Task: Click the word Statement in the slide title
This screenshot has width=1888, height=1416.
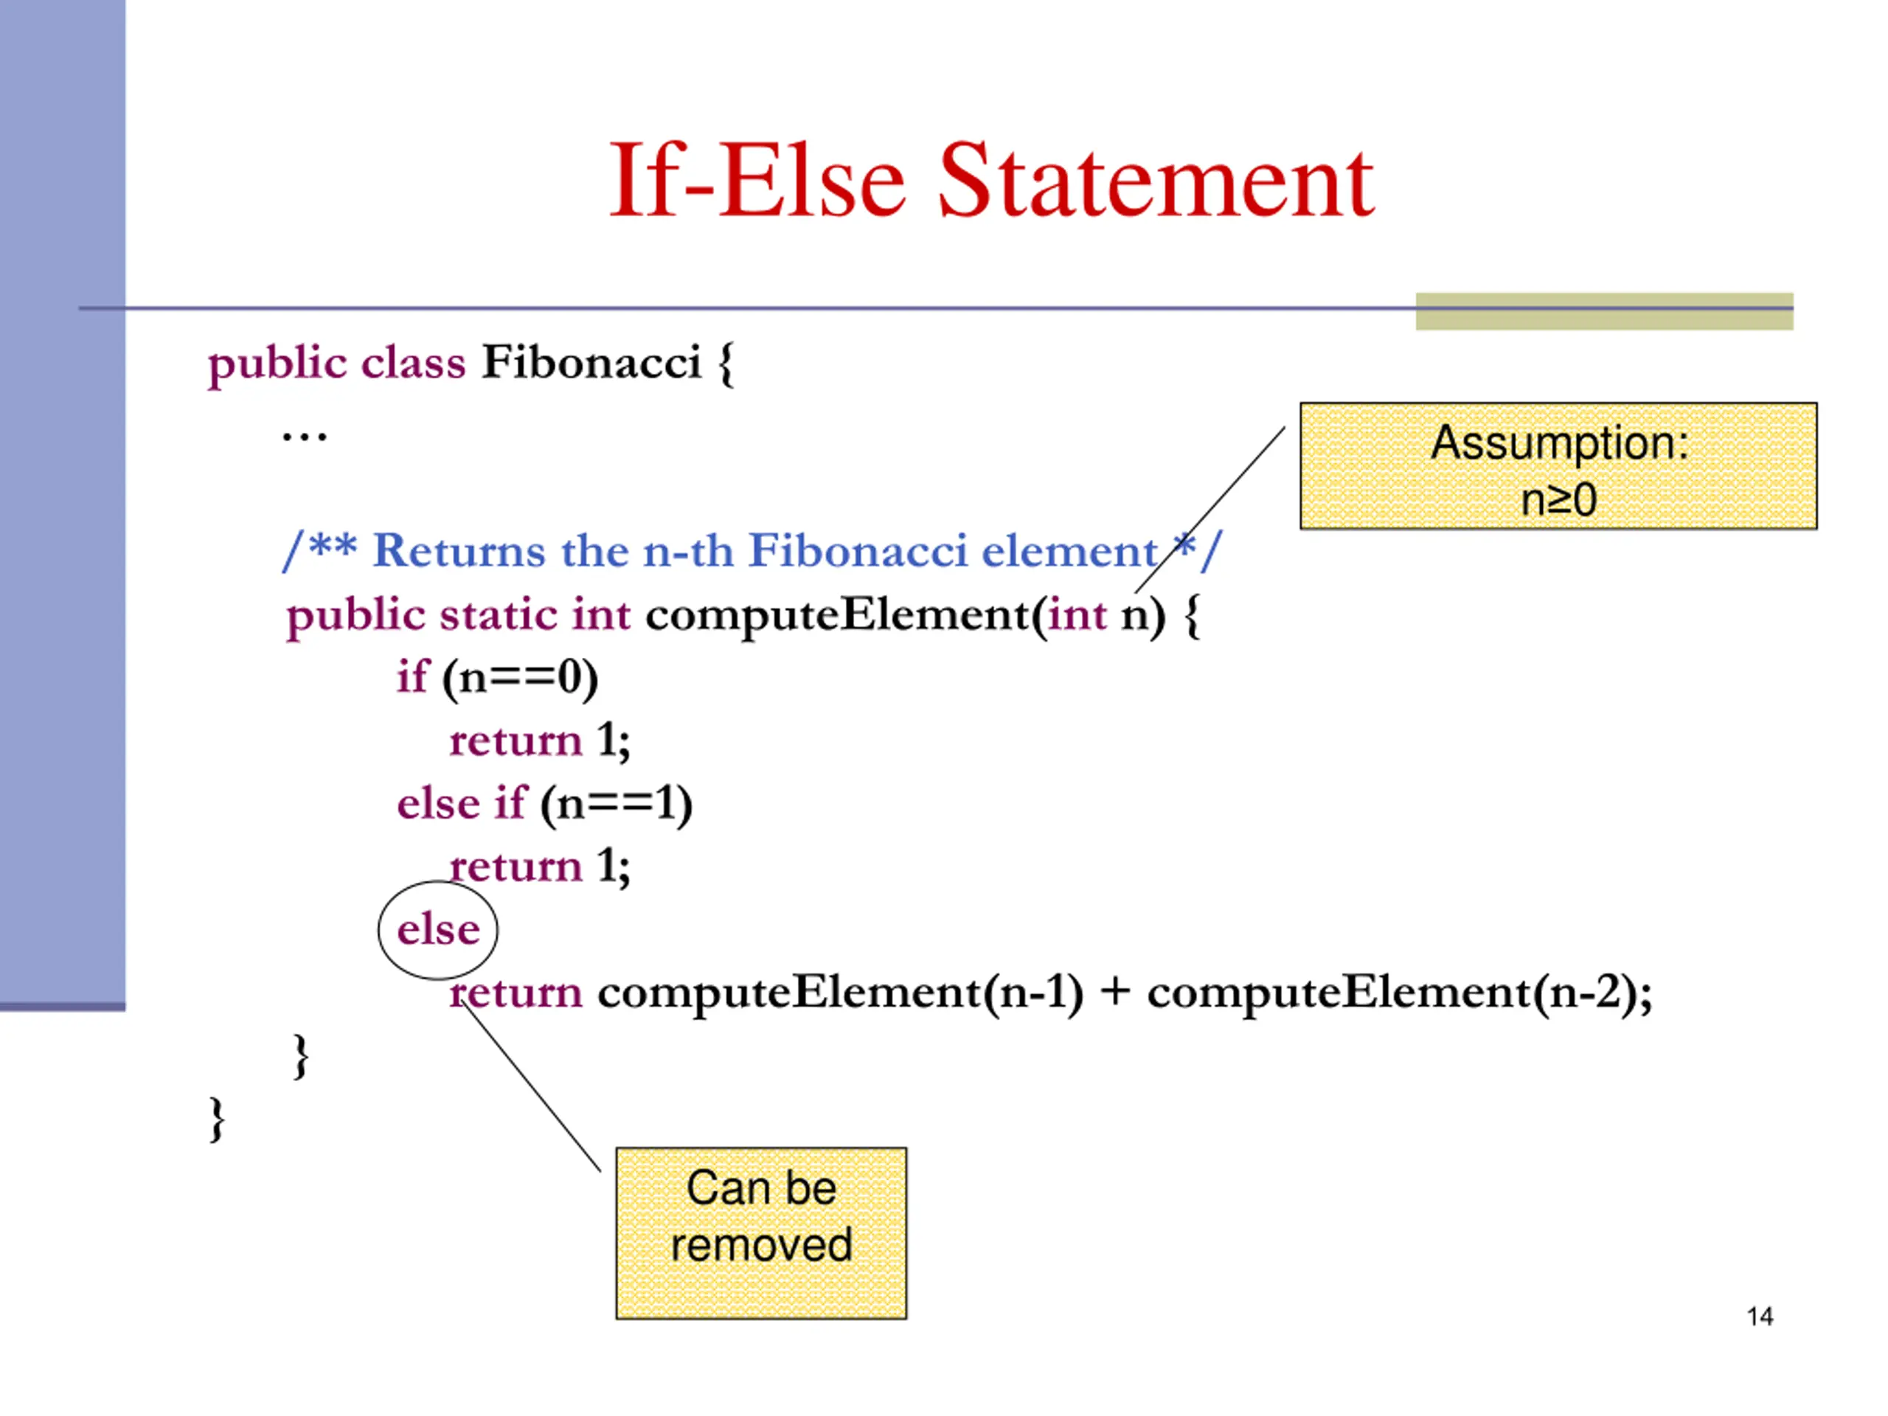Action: pyautogui.click(x=1156, y=181)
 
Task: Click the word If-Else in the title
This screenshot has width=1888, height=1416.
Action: pyautogui.click(x=756, y=181)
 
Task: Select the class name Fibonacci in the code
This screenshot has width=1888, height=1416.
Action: pyautogui.click(x=591, y=362)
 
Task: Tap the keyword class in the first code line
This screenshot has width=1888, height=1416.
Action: pyautogui.click(x=413, y=362)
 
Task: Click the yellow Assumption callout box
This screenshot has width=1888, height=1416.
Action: pyautogui.click(x=1558, y=465)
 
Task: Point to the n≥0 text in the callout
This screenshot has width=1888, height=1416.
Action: pyautogui.click(x=1558, y=499)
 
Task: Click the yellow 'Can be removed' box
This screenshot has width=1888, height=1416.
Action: pyautogui.click(x=760, y=1232)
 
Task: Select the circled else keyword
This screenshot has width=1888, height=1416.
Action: pyautogui.click(x=438, y=929)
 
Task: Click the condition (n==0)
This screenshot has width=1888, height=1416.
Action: pyautogui.click(x=520, y=678)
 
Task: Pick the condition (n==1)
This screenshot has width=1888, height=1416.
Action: pyautogui.click(x=617, y=804)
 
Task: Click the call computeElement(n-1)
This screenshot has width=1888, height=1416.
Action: pyautogui.click(x=840, y=993)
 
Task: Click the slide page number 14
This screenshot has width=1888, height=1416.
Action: pyautogui.click(x=1759, y=1316)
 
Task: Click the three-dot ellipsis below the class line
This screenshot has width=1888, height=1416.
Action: pyautogui.click(x=304, y=437)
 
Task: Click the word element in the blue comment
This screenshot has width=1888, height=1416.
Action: pyautogui.click(x=1069, y=550)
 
